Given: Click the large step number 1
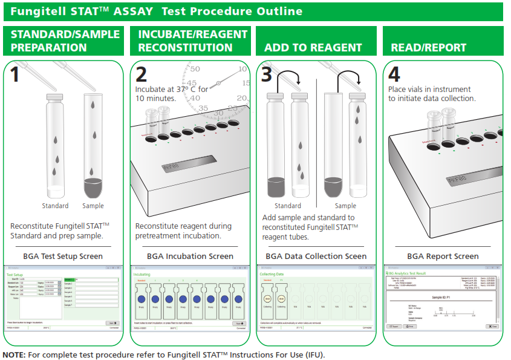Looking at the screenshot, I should tap(15, 75).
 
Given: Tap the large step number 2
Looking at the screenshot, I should tap(142, 74).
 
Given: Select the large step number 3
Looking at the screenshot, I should tap(267, 74).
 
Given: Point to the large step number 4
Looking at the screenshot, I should tap(394, 74).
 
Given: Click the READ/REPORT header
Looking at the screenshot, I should tap(428, 48).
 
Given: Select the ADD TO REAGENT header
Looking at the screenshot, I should tap(313, 48).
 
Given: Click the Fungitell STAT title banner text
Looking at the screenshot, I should tap(157, 11).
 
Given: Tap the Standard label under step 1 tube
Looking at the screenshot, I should tap(55, 206).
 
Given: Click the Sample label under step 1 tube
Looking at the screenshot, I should tap(93, 206).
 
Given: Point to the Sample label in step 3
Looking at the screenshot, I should tap(345, 206).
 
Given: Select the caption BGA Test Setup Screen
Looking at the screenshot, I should tap(67, 256).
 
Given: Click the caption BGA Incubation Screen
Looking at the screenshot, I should tap(190, 256).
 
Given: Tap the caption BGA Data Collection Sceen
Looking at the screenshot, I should tap(316, 256).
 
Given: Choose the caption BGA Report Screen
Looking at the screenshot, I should tap(443, 256).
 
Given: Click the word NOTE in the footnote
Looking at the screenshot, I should tap(15, 355).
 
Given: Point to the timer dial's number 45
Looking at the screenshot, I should tap(192, 83).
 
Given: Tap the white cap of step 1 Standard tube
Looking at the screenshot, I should tap(55, 96).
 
